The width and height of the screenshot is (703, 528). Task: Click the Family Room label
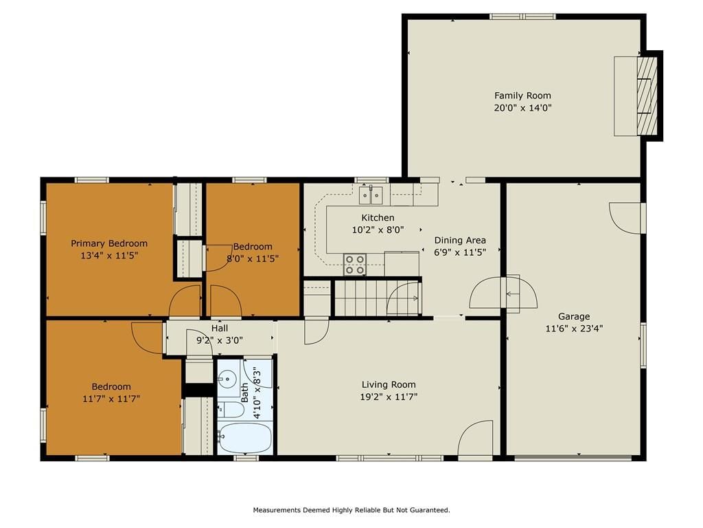click(x=522, y=96)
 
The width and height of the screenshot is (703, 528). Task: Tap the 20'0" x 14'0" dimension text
click(x=522, y=108)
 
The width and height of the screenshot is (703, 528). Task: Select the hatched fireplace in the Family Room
click(x=647, y=96)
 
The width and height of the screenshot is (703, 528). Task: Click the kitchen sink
click(x=371, y=195)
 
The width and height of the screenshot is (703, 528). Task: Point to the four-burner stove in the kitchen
click(x=355, y=265)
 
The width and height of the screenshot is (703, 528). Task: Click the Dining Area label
click(x=460, y=240)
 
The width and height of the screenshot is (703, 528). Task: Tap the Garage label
click(x=574, y=316)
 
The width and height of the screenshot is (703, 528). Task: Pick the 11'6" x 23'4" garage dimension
click(x=574, y=328)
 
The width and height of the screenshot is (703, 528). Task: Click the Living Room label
click(x=389, y=385)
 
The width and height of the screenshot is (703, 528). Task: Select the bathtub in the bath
click(x=246, y=438)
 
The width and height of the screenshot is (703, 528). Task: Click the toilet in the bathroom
click(x=231, y=410)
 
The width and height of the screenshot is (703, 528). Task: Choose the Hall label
click(x=220, y=329)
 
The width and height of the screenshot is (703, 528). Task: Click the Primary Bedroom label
click(x=109, y=244)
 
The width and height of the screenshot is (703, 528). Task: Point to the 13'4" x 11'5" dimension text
click(x=109, y=256)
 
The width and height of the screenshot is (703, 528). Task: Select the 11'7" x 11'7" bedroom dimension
click(x=111, y=399)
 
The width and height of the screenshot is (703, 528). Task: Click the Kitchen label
click(x=378, y=218)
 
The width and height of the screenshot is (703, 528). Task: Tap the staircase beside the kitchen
click(x=377, y=298)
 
